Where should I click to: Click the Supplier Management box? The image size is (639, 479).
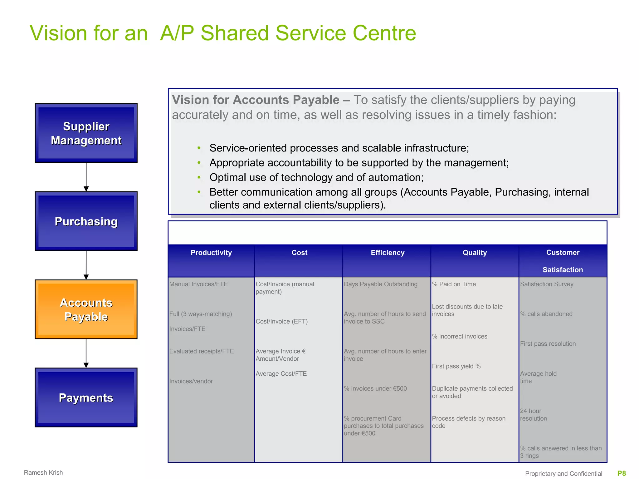tap(86, 133)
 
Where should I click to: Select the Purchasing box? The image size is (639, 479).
tap(86, 221)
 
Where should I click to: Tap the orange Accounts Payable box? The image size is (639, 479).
tap(86, 309)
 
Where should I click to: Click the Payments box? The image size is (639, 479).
tap(86, 397)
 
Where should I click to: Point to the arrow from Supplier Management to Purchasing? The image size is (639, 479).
tap(86, 177)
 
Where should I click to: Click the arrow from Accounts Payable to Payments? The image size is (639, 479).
tap(86, 353)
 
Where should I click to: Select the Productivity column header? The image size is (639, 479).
tap(211, 253)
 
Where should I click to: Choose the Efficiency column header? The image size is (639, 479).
tap(387, 253)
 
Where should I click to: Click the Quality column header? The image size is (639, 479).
tap(475, 253)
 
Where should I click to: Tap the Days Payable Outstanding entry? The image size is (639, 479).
tap(380, 284)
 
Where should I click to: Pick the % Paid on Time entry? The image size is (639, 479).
tap(454, 284)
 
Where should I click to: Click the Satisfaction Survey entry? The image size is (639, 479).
tap(547, 284)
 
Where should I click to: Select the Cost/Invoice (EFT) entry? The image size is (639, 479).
tap(281, 321)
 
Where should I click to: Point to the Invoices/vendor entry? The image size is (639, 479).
tap(191, 381)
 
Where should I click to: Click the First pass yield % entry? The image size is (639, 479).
tap(456, 366)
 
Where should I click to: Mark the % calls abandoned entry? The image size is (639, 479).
tap(546, 314)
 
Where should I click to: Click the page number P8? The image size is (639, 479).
tap(622, 473)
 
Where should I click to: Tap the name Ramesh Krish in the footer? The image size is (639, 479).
tap(43, 472)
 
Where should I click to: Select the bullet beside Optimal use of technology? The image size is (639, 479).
tap(199, 177)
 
